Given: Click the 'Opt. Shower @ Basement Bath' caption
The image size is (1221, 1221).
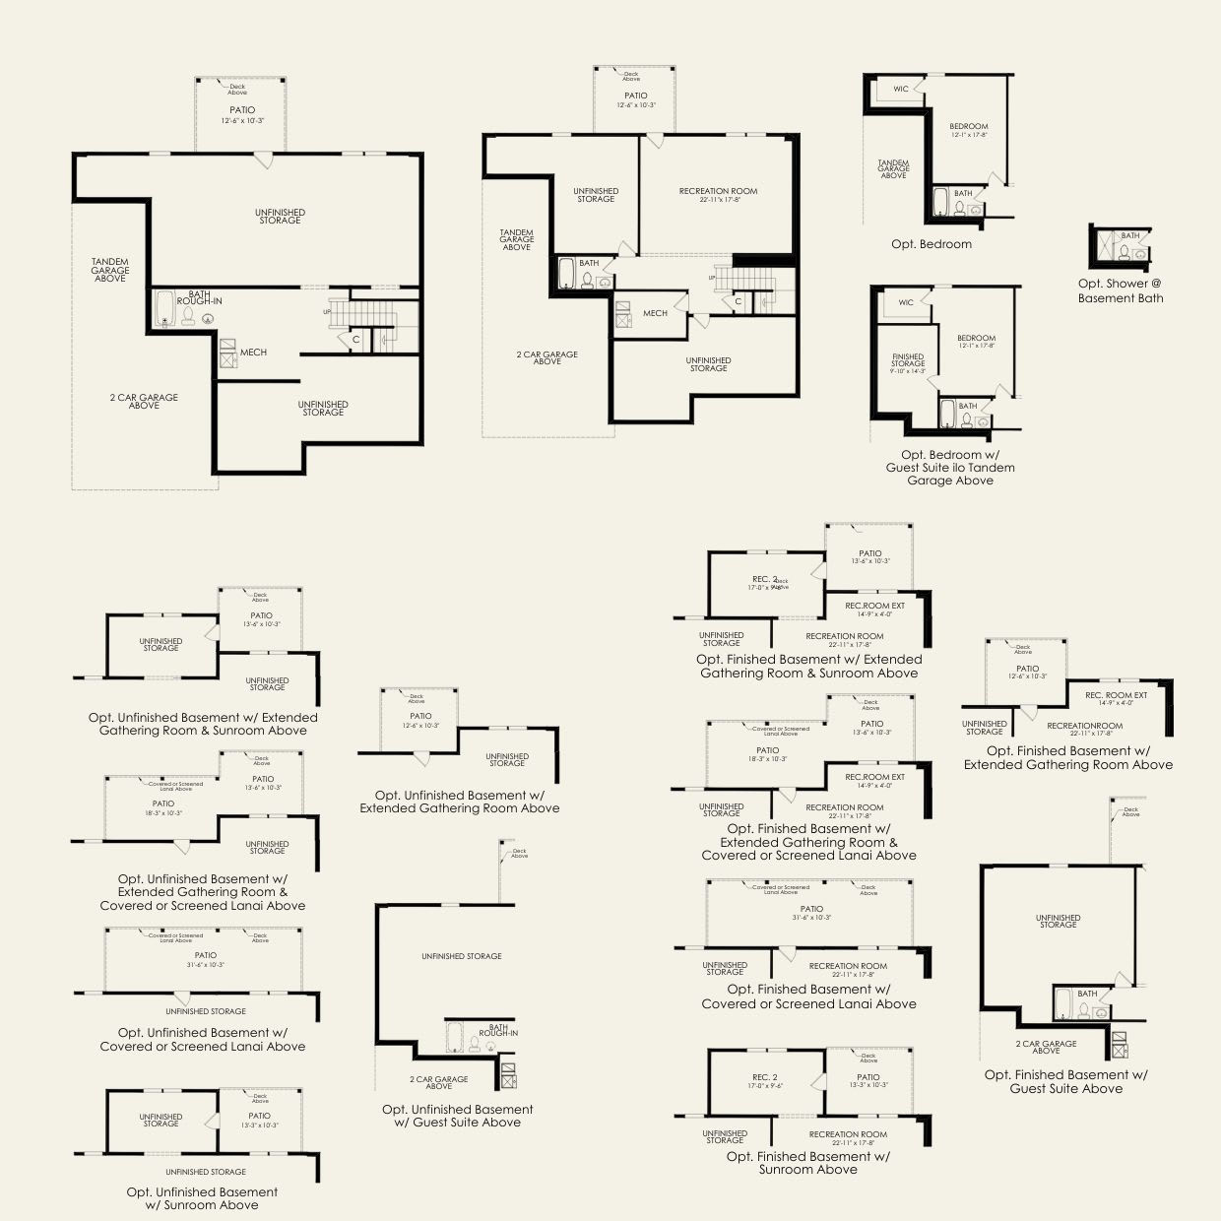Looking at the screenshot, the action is coord(1120,290).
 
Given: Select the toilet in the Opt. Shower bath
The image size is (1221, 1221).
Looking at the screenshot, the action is coord(1139,254).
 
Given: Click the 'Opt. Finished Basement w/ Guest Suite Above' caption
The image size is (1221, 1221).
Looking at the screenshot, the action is coord(1066,1081).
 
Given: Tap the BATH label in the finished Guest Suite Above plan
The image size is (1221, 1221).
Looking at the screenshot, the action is coord(1087,994).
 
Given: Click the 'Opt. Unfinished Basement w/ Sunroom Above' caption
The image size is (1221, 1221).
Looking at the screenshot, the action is coord(202,1198).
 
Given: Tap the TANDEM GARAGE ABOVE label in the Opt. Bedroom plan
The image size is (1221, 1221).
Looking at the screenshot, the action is coord(893,169).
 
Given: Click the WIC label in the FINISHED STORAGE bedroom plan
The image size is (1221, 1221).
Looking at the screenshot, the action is coord(906,302).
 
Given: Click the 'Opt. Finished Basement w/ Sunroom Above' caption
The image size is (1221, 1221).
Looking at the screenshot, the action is coord(807,1163).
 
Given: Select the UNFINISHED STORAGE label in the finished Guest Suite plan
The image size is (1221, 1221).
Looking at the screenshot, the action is coord(1058,922).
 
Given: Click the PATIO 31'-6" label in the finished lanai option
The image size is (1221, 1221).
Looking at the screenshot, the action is coord(811,913).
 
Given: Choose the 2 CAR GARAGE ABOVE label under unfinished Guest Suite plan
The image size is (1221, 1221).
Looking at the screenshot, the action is coord(439,1083).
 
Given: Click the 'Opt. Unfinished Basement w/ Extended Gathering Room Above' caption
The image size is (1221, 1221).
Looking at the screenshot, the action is coord(459,802).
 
